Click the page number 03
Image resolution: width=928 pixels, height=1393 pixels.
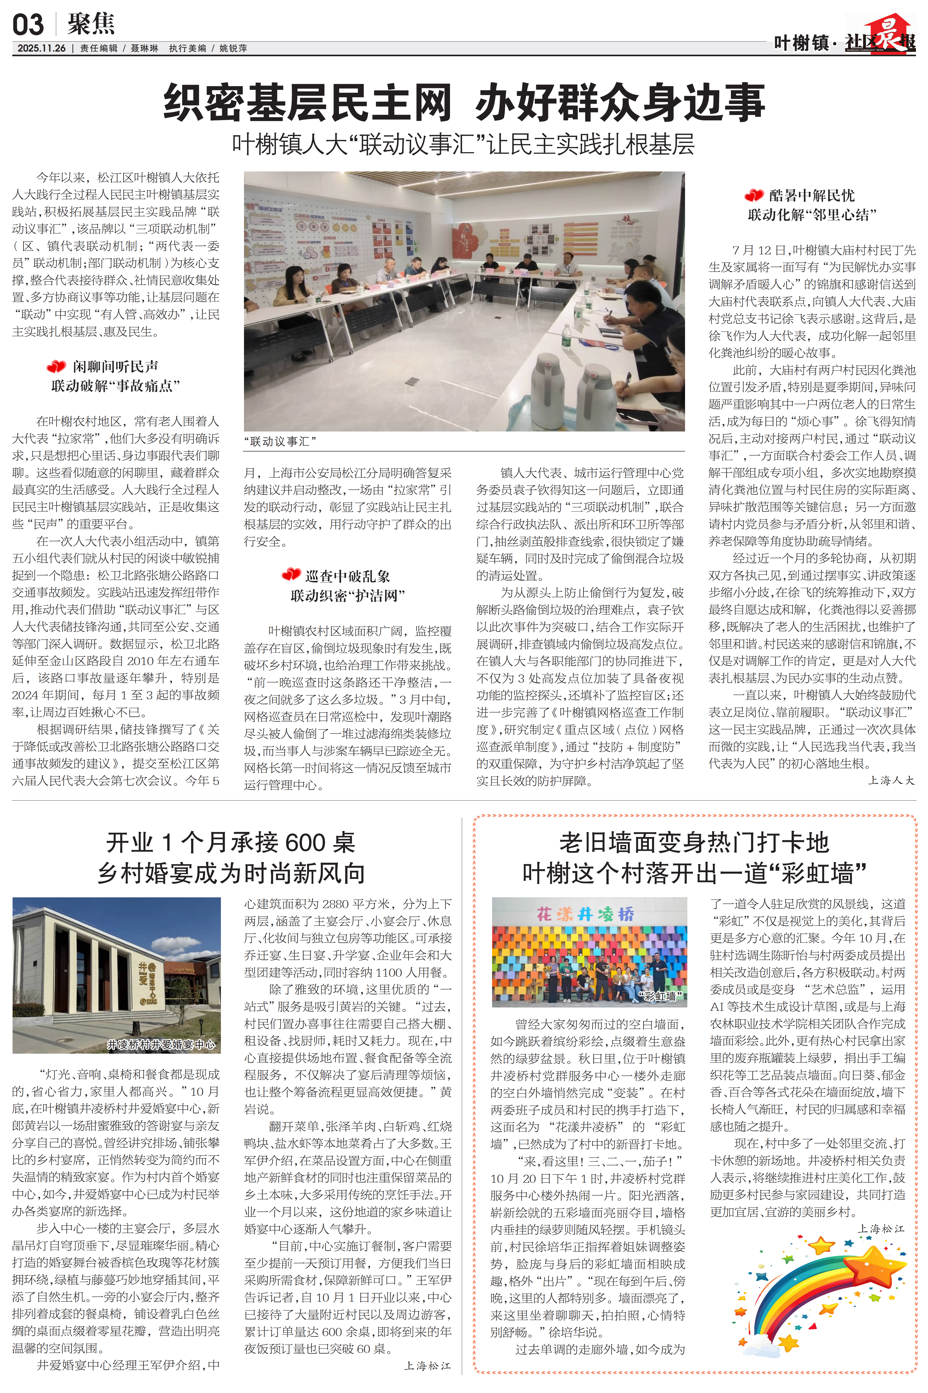[28, 25]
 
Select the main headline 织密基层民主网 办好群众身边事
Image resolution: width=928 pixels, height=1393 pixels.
[464, 102]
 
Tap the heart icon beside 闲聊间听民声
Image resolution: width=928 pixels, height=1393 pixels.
[56, 367]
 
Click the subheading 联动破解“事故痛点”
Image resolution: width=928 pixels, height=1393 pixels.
[115, 386]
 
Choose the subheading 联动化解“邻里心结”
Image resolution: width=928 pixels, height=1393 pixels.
[812, 215]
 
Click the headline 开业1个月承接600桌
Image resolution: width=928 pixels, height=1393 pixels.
[231, 842]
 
